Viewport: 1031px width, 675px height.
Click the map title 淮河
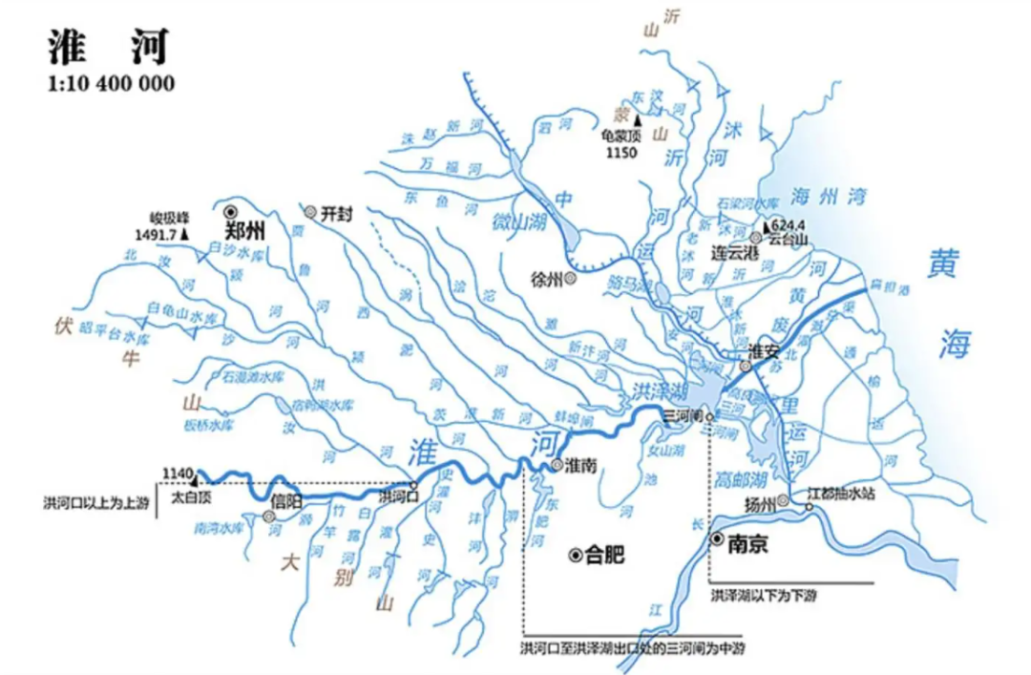(x=108, y=45)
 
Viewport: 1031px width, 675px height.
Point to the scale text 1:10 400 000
(x=111, y=84)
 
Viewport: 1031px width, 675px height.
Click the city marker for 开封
(x=310, y=212)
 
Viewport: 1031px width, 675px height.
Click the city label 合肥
(x=605, y=554)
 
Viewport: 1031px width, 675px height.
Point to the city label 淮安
(x=765, y=351)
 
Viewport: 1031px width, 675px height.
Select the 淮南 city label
(x=581, y=466)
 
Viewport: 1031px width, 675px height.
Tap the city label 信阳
(x=285, y=501)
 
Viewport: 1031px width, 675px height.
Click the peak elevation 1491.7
(x=157, y=232)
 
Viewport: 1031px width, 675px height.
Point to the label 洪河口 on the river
(x=398, y=496)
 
